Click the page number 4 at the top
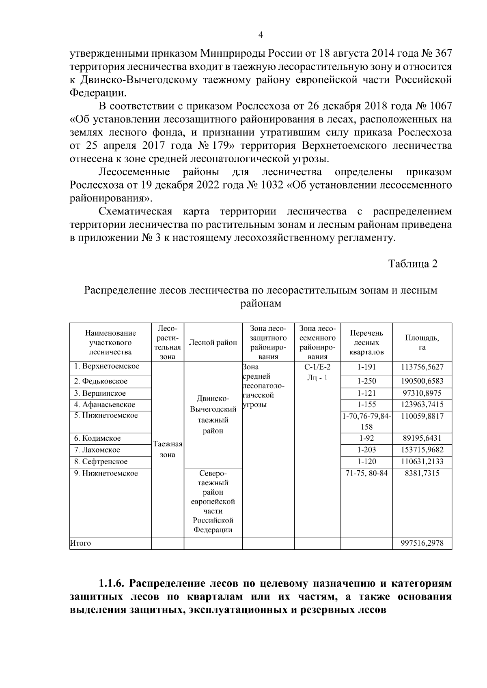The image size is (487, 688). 261,35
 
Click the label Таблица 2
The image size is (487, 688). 413,264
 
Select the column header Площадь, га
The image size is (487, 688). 422,343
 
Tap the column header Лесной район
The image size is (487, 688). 213,343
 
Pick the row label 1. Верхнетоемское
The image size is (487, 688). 107,367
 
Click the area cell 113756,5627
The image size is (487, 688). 422,367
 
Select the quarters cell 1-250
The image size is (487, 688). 366,381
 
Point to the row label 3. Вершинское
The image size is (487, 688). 100,393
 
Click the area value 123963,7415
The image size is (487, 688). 422,405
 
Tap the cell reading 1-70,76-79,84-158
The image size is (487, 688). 366,421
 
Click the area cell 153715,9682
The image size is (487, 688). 422,450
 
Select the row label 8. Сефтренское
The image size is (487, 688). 101,462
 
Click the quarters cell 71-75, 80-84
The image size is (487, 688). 366,474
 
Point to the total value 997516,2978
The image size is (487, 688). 422,543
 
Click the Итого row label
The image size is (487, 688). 81,543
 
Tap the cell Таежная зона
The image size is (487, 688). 168,450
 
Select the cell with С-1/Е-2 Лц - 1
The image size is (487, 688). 317,373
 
